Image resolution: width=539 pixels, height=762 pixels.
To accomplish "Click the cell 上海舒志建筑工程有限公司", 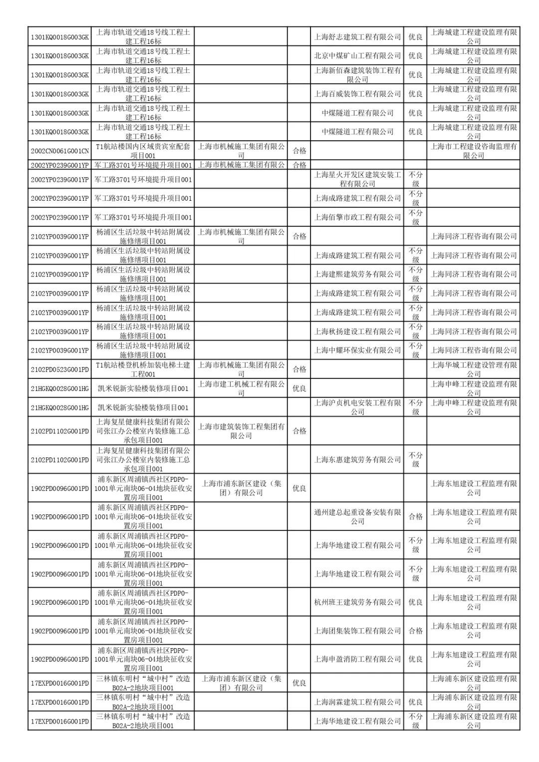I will (357, 36).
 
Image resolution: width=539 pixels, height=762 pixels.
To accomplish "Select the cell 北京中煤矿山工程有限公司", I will (357, 55).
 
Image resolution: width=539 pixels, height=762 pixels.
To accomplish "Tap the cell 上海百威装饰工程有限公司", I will (357, 93).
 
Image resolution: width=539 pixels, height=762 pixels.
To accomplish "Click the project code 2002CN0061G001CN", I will (60, 151).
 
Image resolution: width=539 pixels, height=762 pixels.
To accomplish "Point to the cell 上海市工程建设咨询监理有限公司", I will (474, 151).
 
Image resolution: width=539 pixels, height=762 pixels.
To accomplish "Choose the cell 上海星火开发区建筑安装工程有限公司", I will (357, 179).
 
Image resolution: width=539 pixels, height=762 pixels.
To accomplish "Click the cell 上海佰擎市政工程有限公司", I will (357, 217).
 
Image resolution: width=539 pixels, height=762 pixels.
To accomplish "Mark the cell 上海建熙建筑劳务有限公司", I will (357, 274).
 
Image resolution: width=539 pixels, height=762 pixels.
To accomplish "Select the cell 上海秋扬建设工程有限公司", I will (357, 331).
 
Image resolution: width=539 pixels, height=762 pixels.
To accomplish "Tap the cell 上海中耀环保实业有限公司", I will (357, 350).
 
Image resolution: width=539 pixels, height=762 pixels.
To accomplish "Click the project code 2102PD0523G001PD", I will (60, 370).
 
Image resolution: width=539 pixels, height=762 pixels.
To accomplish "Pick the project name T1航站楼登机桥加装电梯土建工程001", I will (143, 370).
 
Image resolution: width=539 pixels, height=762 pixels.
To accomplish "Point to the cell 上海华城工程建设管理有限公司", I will (474, 370).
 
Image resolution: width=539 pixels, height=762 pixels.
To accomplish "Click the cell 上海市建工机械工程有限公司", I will (241, 388).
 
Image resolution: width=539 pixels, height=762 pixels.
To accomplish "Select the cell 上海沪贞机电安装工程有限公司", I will (357, 407).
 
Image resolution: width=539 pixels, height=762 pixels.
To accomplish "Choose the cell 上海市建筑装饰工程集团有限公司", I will (241, 431).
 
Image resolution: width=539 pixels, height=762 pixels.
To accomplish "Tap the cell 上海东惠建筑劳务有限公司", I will (357, 459).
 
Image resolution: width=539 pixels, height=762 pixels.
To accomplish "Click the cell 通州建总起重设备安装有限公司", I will (357, 516).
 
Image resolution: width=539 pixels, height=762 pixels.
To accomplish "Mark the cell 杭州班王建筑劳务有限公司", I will (357, 602).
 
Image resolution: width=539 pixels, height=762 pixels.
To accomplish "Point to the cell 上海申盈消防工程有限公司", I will (357, 659).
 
